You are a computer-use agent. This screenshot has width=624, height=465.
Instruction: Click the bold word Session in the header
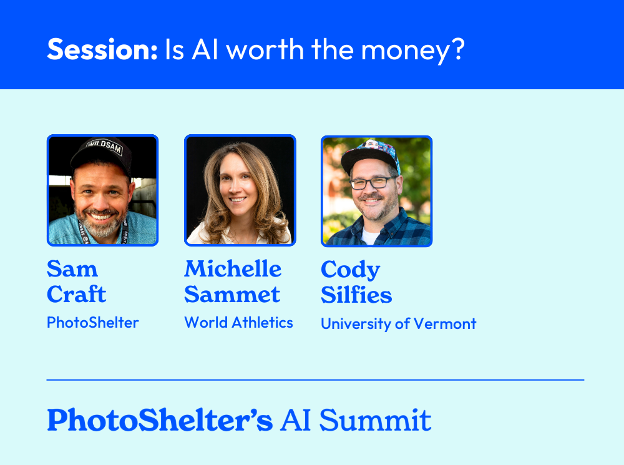coord(102,49)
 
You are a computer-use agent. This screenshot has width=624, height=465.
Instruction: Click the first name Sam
coord(72,270)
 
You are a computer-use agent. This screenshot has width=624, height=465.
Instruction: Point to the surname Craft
coord(77,295)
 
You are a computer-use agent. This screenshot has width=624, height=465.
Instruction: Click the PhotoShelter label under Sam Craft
coord(92,323)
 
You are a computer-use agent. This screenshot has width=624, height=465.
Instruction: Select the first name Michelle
coord(233,270)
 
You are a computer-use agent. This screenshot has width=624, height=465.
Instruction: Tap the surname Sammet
coord(232,295)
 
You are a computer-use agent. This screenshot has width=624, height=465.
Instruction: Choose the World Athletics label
coord(238,323)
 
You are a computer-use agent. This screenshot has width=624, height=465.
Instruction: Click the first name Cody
coord(350,270)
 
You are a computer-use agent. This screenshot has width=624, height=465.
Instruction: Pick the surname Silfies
coord(356,295)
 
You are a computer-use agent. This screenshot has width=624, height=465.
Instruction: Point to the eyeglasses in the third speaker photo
coord(373,183)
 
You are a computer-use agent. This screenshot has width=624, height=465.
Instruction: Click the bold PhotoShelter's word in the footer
coord(160,420)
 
